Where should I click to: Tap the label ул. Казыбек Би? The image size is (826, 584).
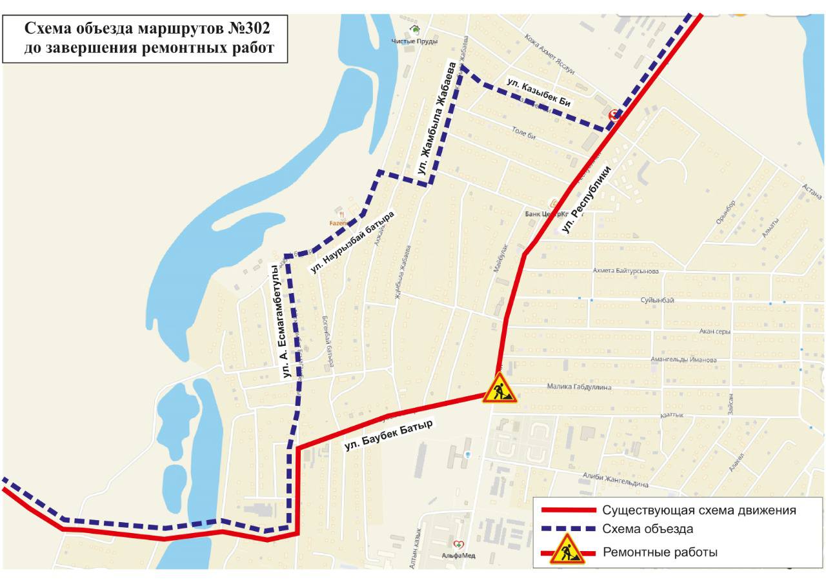pyautogui.click(x=539, y=92)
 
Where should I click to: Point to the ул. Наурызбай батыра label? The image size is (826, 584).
pyautogui.click(x=352, y=241)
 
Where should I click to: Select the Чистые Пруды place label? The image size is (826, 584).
pyautogui.click(x=414, y=41)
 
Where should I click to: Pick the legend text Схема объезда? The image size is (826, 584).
pyautogui.click(x=647, y=529)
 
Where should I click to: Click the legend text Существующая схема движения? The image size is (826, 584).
pyautogui.click(x=699, y=510)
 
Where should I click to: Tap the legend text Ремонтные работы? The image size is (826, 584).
pyautogui.click(x=660, y=552)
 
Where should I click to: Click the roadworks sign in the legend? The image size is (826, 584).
pyautogui.click(x=567, y=550)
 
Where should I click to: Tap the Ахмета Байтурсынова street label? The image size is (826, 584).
pyautogui.click(x=625, y=271)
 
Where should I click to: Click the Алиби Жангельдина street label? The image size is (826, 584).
pyautogui.click(x=614, y=481)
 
